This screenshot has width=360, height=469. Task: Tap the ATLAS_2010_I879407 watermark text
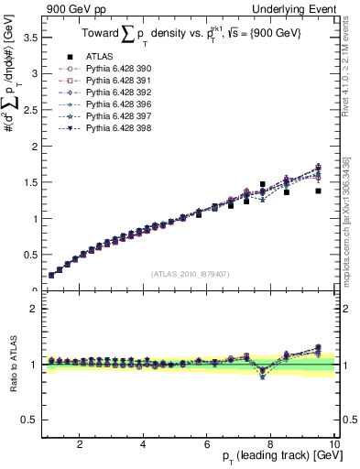[191, 274]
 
